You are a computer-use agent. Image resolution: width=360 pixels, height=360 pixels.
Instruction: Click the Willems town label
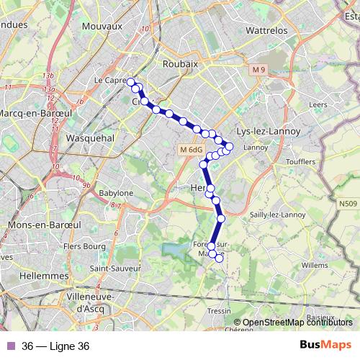(x=314, y=266)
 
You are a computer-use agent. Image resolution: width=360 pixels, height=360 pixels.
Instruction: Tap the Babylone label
(x=116, y=193)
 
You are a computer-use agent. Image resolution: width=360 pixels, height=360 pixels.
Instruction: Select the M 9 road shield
(x=258, y=69)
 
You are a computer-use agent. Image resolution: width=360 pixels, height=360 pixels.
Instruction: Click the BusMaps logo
(x=325, y=345)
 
